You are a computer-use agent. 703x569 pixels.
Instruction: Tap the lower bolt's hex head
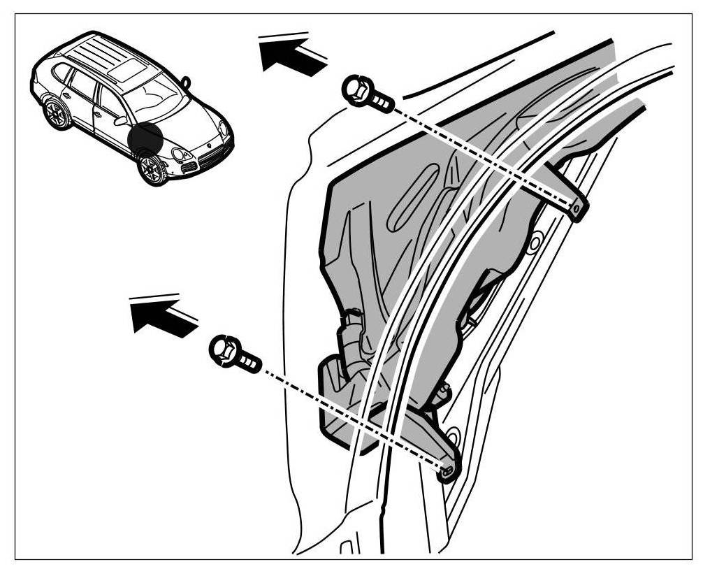point(224,349)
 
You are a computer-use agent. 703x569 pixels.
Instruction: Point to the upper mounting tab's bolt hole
point(575,207)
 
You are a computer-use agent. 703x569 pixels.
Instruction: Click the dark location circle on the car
point(145,139)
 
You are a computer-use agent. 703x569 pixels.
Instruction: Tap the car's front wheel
point(151,168)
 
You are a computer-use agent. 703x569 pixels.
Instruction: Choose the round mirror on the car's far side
point(186,81)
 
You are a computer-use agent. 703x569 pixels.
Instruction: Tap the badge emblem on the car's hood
point(207,143)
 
